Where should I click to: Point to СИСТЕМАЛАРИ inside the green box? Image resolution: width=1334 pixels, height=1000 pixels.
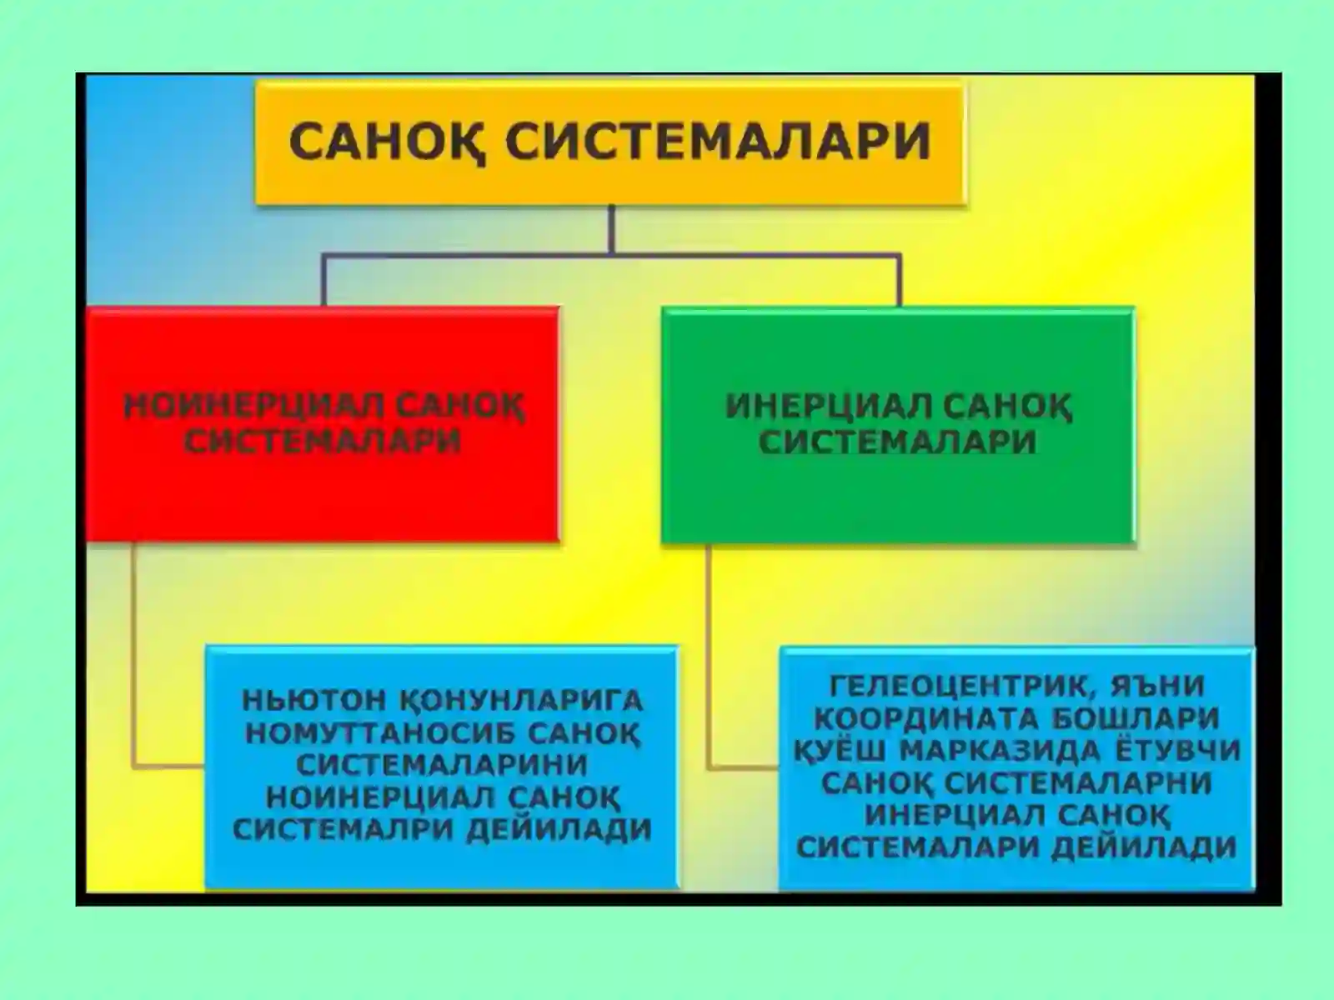[x=897, y=442]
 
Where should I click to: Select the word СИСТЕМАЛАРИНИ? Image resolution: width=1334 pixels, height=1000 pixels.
[x=442, y=765]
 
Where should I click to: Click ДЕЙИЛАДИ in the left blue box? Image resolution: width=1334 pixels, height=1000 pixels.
[x=559, y=830]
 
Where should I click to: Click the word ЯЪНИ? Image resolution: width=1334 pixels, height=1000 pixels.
[x=1160, y=686]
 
